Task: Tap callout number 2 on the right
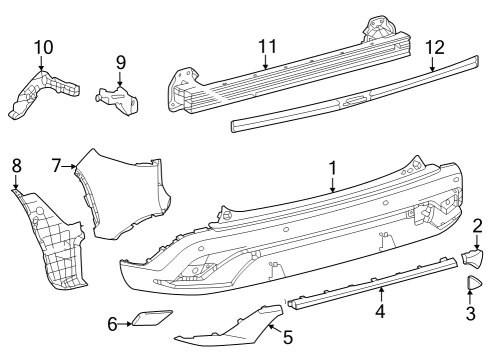pos(478,226)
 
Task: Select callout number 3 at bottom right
pos(470,313)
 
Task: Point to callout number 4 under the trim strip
pos(380,312)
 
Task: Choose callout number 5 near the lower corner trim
pos(287,338)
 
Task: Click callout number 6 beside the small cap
pos(113,322)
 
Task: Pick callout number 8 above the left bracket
pos(16,165)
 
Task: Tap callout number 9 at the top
pos(120,62)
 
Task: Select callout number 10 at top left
pos(42,47)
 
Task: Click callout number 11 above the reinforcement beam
pos(266,46)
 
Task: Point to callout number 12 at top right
pos(433,47)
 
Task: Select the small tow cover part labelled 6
pos(148,320)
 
